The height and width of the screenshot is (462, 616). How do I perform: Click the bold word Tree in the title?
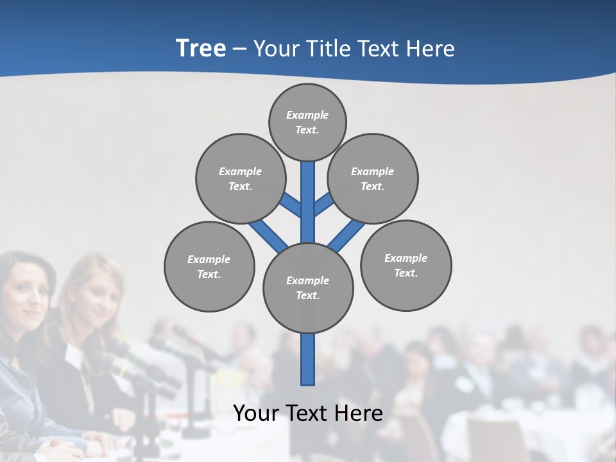click(x=201, y=49)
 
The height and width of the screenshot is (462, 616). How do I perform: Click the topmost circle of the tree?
click(x=307, y=122)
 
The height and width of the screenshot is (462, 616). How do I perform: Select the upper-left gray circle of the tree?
click(x=240, y=178)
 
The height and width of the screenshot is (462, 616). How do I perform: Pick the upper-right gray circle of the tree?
click(x=373, y=178)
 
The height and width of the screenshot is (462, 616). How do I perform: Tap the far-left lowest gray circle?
click(x=209, y=266)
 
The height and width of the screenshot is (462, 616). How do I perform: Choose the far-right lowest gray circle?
click(x=406, y=265)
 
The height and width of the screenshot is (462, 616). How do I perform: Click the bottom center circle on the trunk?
click(x=308, y=288)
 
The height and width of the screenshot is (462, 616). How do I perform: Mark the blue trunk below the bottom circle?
click(x=308, y=359)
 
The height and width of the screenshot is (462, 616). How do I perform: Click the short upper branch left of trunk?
click(x=291, y=204)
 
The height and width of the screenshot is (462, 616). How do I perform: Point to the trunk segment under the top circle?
click(x=308, y=199)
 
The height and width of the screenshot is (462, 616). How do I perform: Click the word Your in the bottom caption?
click(x=256, y=413)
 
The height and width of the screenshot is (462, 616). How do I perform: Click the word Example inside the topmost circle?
click(x=307, y=115)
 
